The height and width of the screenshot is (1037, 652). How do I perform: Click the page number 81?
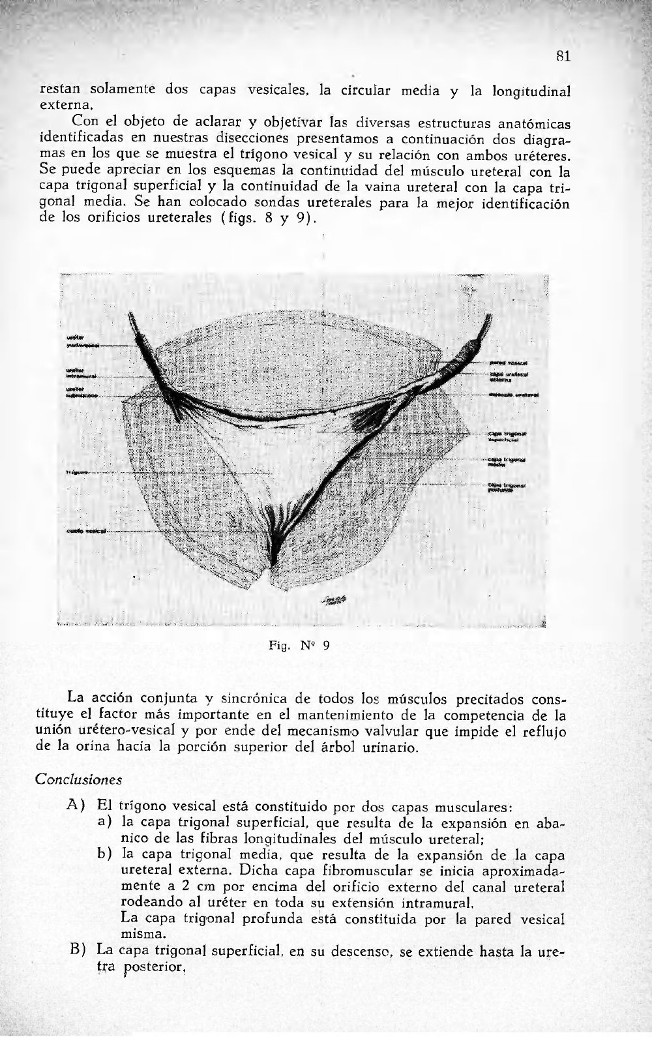pyautogui.click(x=564, y=57)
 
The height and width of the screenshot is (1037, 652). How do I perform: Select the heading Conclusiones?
pyautogui.click(x=79, y=779)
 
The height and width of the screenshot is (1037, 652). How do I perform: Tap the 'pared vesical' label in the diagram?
pyautogui.click(x=508, y=362)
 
